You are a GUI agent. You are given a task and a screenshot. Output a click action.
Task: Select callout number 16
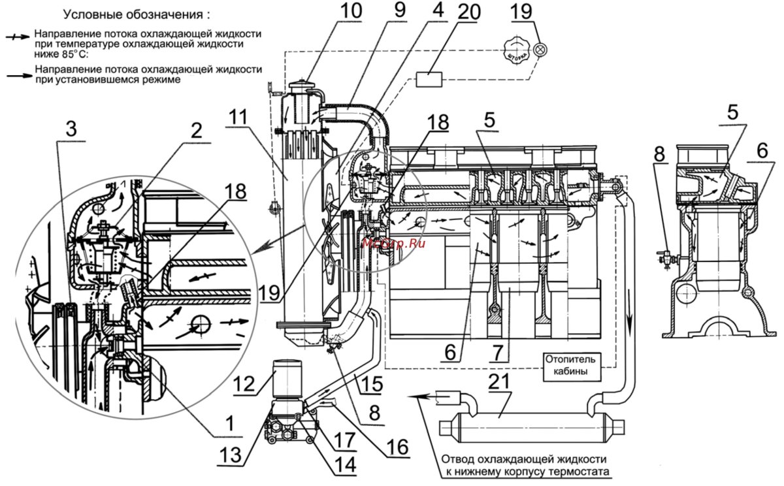pos(397,447)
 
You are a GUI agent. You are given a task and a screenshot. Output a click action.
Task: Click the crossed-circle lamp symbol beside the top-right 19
pos(540,50)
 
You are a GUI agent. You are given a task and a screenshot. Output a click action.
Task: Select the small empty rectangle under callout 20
pos(428,80)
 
